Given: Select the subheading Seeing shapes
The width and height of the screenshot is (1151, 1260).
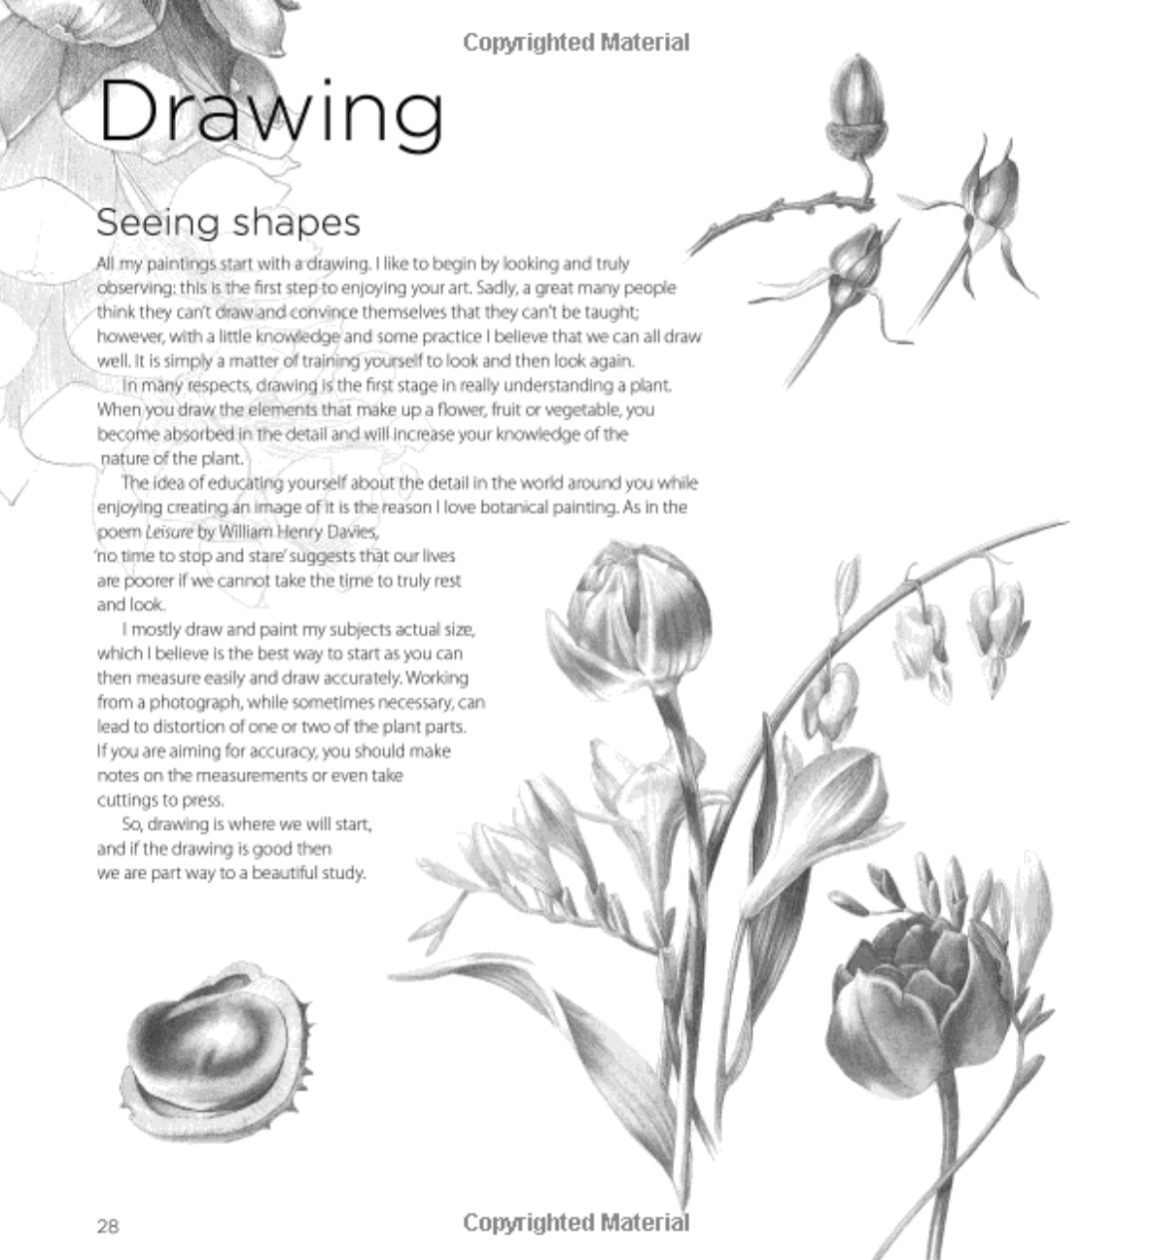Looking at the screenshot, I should pyautogui.click(x=227, y=223).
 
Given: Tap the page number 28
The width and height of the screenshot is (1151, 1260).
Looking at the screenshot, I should pyautogui.click(x=108, y=1226).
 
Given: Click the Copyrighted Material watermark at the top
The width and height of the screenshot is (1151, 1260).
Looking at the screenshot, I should pyautogui.click(x=575, y=43).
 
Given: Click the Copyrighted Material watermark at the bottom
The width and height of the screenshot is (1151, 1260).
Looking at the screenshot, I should pyautogui.click(x=575, y=1222).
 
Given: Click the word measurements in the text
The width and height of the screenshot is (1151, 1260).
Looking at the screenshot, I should pyautogui.click(x=249, y=776).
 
